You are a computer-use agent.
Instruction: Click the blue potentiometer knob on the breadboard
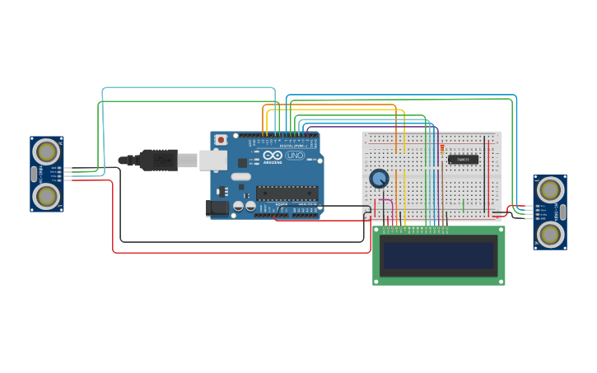[x=379, y=178]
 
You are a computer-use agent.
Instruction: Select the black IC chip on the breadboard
[x=464, y=159]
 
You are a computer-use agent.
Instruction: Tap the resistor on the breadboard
[x=442, y=150]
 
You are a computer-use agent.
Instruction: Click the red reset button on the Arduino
[x=221, y=140]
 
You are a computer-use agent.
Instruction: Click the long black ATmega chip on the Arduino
[x=287, y=193]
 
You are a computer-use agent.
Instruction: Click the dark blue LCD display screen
[x=438, y=255]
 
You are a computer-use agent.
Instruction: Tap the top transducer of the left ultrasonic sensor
[x=47, y=152]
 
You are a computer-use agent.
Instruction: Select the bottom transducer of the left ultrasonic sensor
[x=47, y=196]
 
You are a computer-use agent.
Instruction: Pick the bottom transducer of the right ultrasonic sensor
[x=549, y=235]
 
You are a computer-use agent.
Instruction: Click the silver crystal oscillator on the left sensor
[x=34, y=174]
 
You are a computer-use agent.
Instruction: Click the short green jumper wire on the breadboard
[x=463, y=204]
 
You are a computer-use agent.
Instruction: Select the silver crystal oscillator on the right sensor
[x=562, y=212]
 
